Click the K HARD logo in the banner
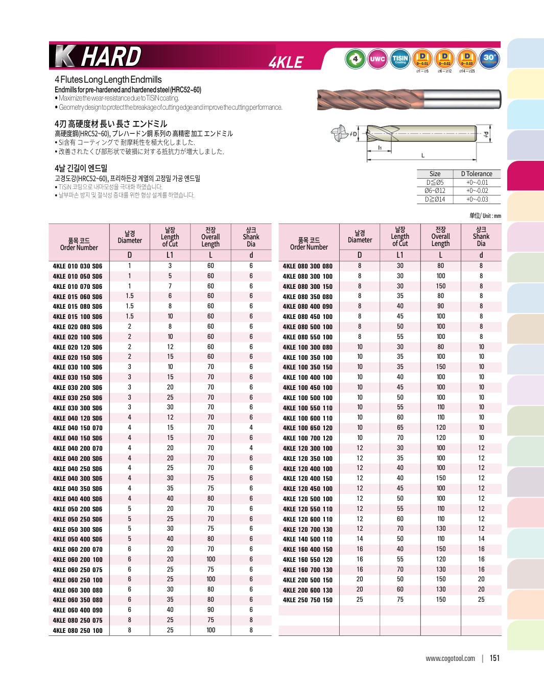[x=98, y=56]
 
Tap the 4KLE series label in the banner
[x=286, y=62]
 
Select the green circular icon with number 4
[x=355, y=59]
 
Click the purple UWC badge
[x=377, y=59]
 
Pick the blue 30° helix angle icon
[x=489, y=58]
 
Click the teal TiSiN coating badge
[x=400, y=59]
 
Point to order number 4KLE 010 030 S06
[x=78, y=266]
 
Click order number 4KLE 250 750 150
[x=308, y=600]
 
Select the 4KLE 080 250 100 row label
[x=78, y=631]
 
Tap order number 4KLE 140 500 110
[x=308, y=539]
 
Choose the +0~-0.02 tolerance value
[x=477, y=191]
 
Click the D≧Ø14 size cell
[x=435, y=200]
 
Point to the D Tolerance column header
[x=477, y=174]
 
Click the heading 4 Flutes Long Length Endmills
[x=108, y=80]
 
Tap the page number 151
[x=494, y=658]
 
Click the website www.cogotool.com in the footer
[x=450, y=659]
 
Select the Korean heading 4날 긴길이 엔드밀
[x=81, y=168]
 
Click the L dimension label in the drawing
[x=422, y=155]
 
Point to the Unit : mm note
[x=485, y=216]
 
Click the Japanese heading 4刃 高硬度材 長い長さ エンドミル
[x=111, y=124]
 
